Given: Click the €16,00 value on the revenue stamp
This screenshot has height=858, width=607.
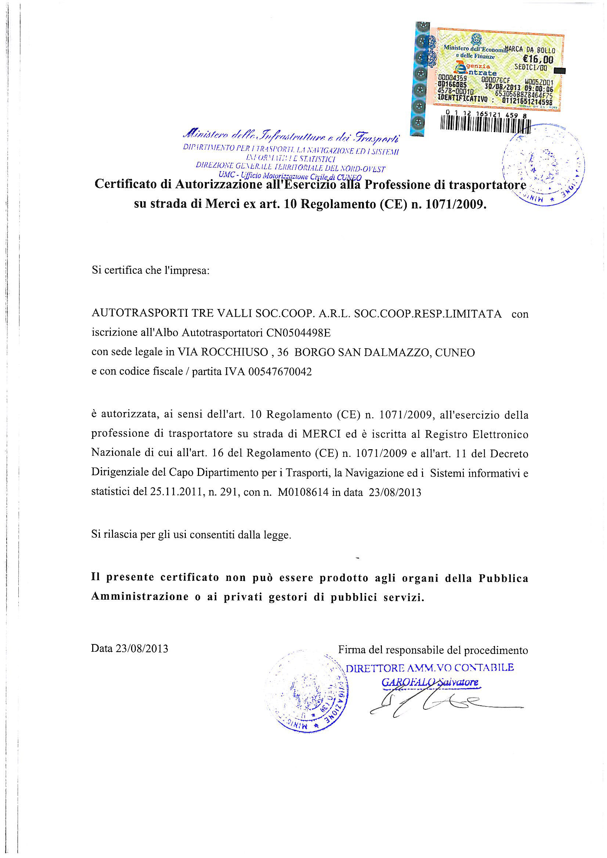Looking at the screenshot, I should click(538, 59).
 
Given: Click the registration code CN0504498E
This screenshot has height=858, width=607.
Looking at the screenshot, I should click(298, 332).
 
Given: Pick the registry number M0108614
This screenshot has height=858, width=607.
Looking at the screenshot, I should click(303, 492).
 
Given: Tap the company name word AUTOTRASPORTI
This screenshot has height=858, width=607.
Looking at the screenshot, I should click(140, 313).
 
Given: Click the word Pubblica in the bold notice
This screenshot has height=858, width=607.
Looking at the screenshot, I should click(503, 578).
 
